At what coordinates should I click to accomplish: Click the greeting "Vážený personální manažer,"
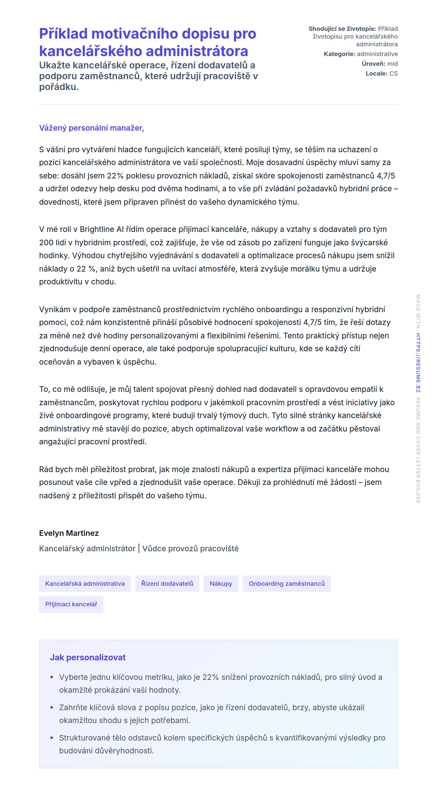pyautogui.click(x=92, y=128)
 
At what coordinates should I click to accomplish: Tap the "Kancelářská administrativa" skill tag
pyautogui.click(x=85, y=583)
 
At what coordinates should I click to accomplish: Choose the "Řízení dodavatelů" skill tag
pyautogui.click(x=167, y=583)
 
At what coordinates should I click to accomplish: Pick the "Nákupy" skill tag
pyautogui.click(x=221, y=583)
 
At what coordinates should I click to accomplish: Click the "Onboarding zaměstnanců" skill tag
pyautogui.click(x=287, y=583)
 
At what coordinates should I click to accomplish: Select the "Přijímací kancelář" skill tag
pyautogui.click(x=71, y=604)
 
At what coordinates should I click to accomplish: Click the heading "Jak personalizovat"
pyautogui.click(x=88, y=657)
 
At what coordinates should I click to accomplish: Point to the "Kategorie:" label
pyautogui.click(x=339, y=54)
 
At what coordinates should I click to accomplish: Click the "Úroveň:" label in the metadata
pyautogui.click(x=373, y=64)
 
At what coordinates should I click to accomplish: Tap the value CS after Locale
pyautogui.click(x=393, y=74)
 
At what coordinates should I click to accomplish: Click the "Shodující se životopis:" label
pyautogui.click(x=342, y=29)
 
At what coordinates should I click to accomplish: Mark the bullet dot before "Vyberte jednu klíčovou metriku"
pyautogui.click(x=52, y=677)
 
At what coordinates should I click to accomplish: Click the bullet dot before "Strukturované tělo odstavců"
pyautogui.click(x=52, y=738)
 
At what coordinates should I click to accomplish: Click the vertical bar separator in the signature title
pyautogui.click(x=139, y=548)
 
